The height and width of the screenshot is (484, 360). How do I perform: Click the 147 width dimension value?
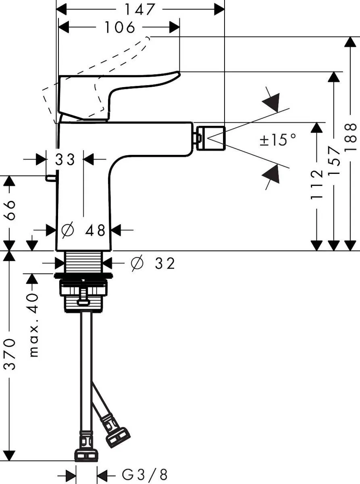[x=140, y=9]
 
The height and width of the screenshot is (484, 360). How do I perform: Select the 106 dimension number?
[x=120, y=27]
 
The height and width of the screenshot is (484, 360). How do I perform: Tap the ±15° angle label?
[x=278, y=140]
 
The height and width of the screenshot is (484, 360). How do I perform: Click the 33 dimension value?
[x=65, y=160]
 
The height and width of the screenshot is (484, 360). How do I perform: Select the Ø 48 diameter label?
[x=83, y=230]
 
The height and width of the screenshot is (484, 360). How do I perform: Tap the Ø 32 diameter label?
[x=154, y=263]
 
